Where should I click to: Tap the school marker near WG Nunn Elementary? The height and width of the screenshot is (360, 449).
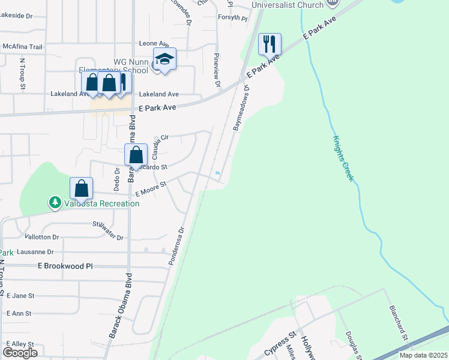tap(164, 59)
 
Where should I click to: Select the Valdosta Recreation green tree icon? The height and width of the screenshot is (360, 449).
tap(55, 203)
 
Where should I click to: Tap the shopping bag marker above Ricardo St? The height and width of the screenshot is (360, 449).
tap(136, 155)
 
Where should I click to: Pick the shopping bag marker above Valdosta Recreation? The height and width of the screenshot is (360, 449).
tap(82, 188)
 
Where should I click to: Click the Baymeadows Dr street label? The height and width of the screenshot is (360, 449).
tap(240, 107)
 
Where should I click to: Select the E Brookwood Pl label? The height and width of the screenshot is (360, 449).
tap(66, 265)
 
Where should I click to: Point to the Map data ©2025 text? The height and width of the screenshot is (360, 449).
tap(423, 355)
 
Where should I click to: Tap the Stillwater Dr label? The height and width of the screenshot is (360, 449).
tap(108, 232)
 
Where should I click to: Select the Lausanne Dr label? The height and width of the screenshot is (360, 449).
tap(35, 252)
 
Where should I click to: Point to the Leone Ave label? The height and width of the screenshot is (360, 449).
tap(154, 44)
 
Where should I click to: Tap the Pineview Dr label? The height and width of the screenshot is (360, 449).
tap(218, 70)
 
